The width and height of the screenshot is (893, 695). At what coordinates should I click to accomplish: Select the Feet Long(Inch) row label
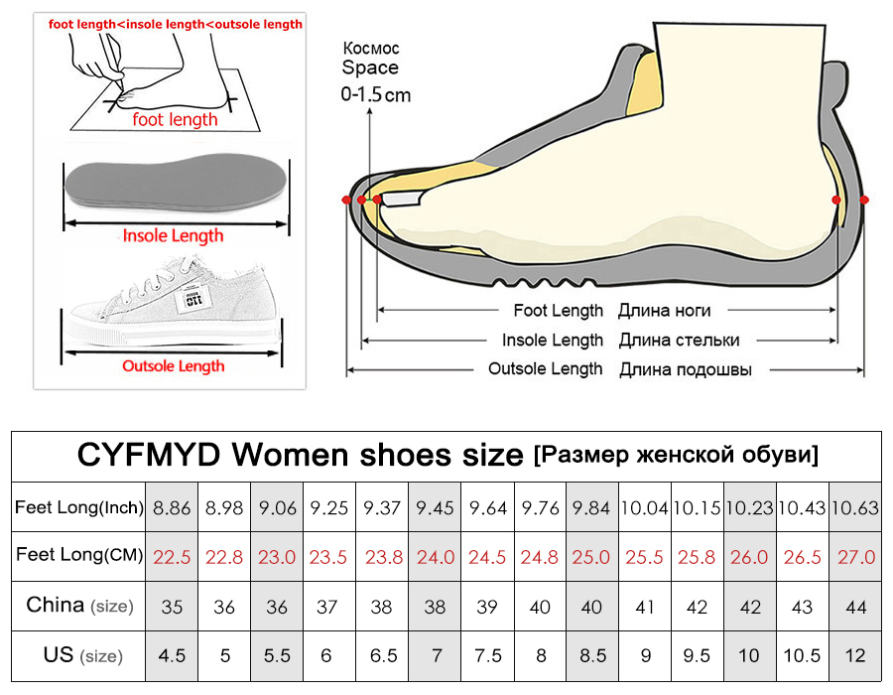click(x=78, y=508)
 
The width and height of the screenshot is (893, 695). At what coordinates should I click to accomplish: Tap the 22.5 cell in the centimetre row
click(x=172, y=557)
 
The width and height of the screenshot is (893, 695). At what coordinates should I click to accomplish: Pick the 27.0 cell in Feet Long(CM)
click(x=855, y=557)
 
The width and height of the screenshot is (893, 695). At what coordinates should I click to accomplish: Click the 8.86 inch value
click(x=172, y=508)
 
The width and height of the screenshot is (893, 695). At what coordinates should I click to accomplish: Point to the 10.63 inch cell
click(x=855, y=508)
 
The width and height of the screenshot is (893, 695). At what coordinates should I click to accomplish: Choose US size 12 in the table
click(x=855, y=655)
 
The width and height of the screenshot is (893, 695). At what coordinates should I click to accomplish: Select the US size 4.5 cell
click(x=172, y=655)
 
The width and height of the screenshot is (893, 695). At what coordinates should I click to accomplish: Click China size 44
click(x=855, y=607)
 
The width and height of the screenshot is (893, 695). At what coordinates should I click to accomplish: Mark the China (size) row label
click(x=78, y=606)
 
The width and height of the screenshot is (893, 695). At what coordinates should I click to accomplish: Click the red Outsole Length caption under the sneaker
click(x=174, y=366)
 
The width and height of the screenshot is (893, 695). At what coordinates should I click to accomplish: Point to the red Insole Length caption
click(x=173, y=236)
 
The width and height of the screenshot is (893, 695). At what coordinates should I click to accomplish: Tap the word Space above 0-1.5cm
click(x=370, y=69)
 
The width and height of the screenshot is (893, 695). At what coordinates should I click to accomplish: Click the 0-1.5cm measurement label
click(x=375, y=95)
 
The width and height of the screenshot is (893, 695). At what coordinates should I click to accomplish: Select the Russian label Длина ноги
click(x=664, y=311)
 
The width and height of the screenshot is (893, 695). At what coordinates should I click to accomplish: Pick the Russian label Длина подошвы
click(x=686, y=369)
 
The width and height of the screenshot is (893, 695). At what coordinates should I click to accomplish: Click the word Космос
click(x=370, y=48)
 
